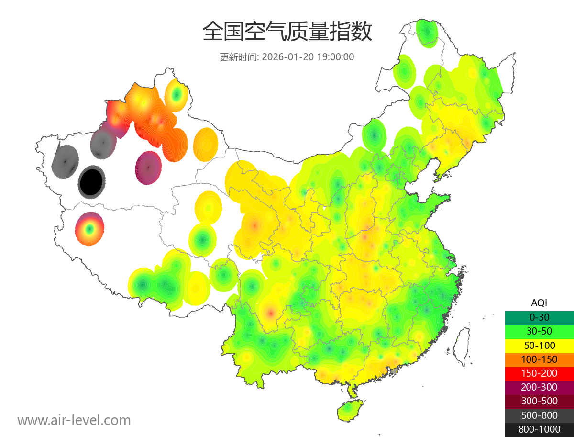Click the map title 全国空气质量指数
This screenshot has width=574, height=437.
[287, 32]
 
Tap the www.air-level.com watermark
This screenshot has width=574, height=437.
[74, 420]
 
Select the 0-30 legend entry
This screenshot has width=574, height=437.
[539, 317]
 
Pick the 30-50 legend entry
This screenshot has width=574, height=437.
[539, 331]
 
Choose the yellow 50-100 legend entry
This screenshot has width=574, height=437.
[539, 345]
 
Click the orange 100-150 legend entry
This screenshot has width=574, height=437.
[539, 359]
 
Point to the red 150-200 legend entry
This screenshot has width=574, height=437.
[539, 373]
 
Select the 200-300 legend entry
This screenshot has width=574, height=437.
[539, 387]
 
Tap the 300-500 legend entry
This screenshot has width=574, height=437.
[539, 401]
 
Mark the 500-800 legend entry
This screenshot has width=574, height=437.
[539, 415]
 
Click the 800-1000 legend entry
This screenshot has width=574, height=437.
[539, 429]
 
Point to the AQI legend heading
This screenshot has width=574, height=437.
[539, 303]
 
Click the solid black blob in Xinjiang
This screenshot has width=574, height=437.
[92, 182]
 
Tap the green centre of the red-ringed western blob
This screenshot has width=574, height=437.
[88, 229]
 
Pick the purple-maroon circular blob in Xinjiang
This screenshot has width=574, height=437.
[148, 168]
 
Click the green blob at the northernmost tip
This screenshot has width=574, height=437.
[427, 33]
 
